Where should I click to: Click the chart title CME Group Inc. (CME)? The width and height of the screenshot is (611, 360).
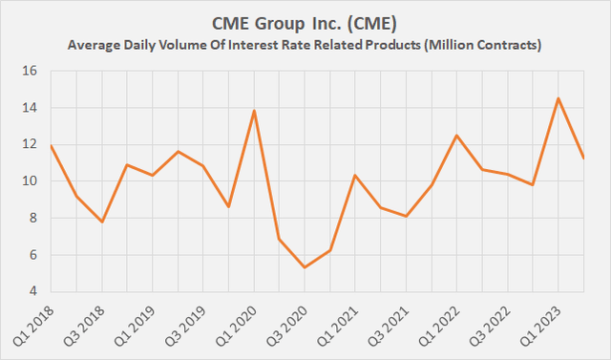pyautogui.click(x=305, y=21)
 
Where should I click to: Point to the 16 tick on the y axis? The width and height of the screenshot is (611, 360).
pyautogui.click(x=29, y=72)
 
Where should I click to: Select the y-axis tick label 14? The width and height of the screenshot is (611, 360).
pyautogui.click(x=29, y=108)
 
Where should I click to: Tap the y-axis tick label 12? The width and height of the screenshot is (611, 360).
pyautogui.click(x=29, y=145)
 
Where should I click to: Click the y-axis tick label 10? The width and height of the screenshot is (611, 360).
pyautogui.click(x=29, y=181)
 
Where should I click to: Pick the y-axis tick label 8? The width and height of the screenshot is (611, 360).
pyautogui.click(x=32, y=218)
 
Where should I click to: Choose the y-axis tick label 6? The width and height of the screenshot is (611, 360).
pyautogui.click(x=32, y=255)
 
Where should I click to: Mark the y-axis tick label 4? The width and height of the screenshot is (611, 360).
pyautogui.click(x=32, y=291)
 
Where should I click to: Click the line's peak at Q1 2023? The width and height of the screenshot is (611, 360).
pyautogui.click(x=558, y=98)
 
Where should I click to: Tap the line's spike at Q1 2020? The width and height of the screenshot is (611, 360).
pyautogui.click(x=254, y=111)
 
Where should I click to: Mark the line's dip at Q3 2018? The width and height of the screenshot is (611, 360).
pyautogui.click(x=102, y=222)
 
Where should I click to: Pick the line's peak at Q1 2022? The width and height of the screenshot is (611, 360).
pyautogui.click(x=456, y=136)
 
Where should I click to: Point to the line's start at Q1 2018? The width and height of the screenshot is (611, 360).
pyautogui.click(x=52, y=146)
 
